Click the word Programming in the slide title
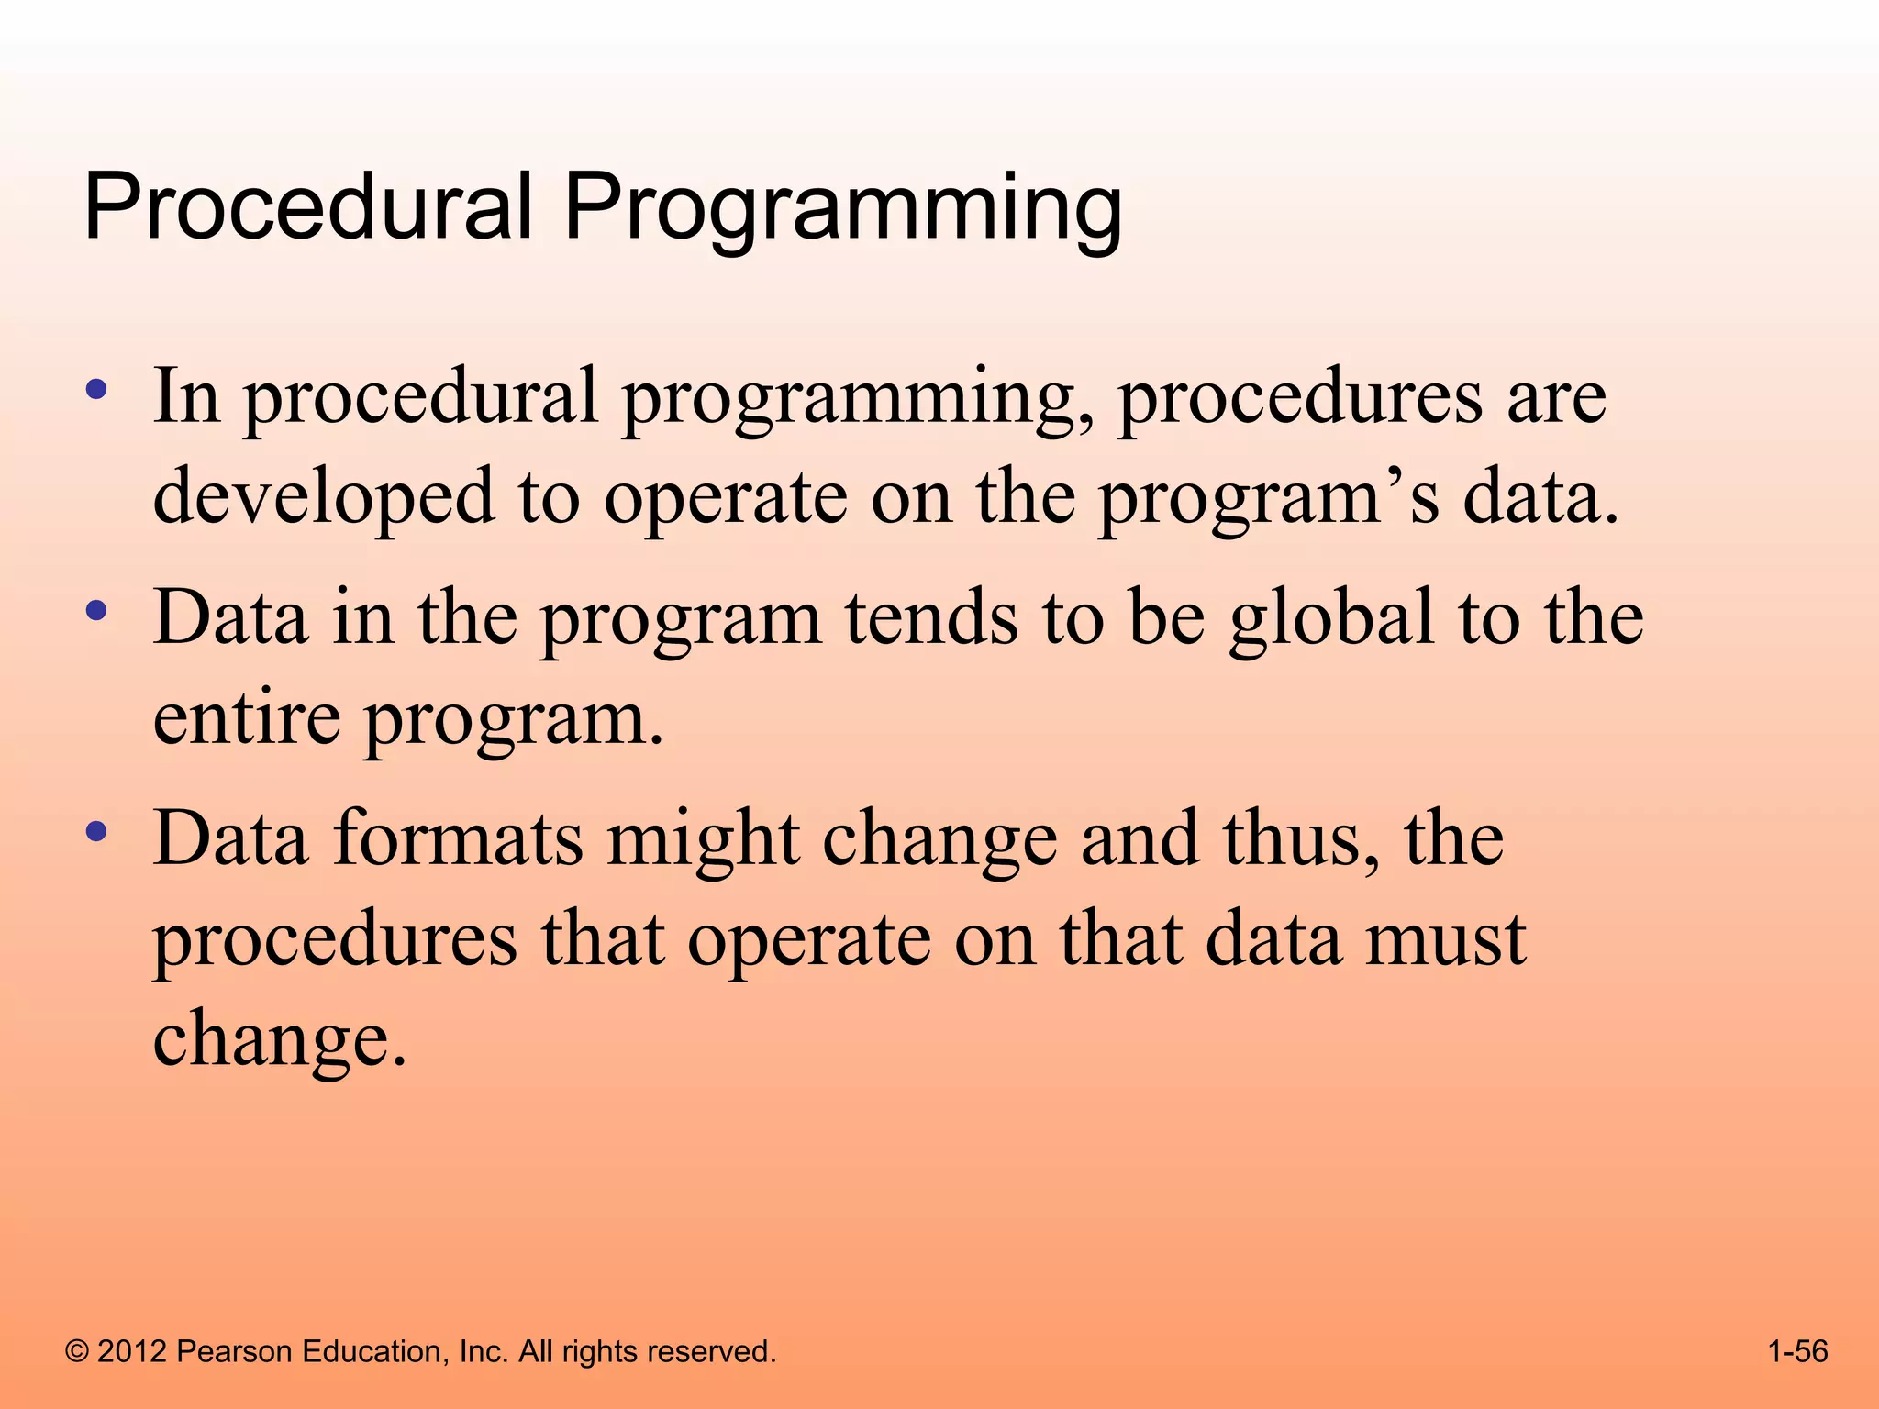(842, 209)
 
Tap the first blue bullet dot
(96, 390)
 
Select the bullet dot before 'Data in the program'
(96, 611)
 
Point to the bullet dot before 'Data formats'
(96, 832)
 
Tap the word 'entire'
(247, 717)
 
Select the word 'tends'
(931, 617)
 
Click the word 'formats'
(458, 838)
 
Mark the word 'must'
(1445, 939)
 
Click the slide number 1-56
(1797, 1351)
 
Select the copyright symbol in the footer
(77, 1351)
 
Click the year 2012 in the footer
(132, 1351)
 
